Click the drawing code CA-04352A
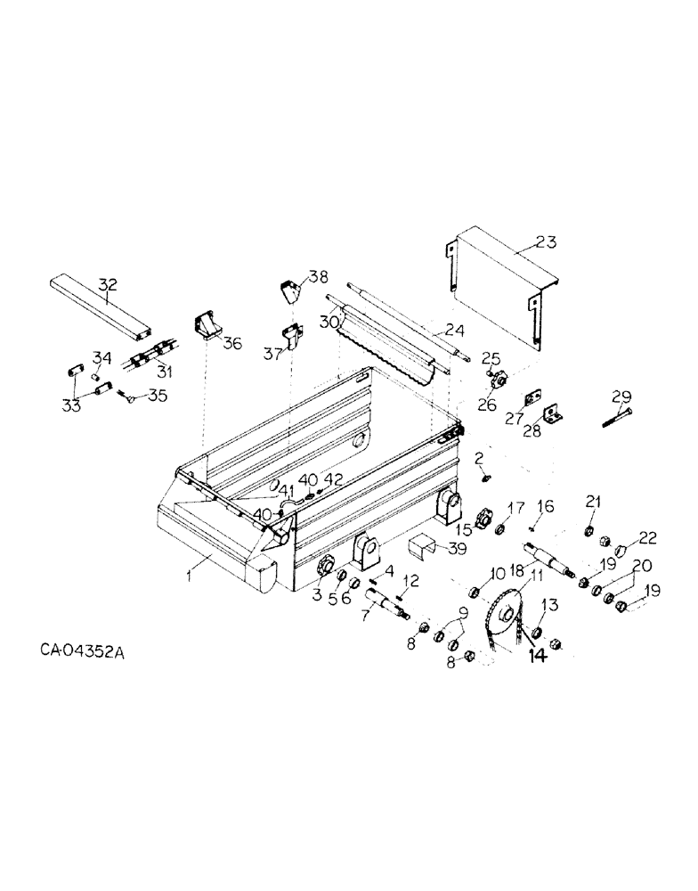[x=83, y=651]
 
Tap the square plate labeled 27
[x=532, y=395]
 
